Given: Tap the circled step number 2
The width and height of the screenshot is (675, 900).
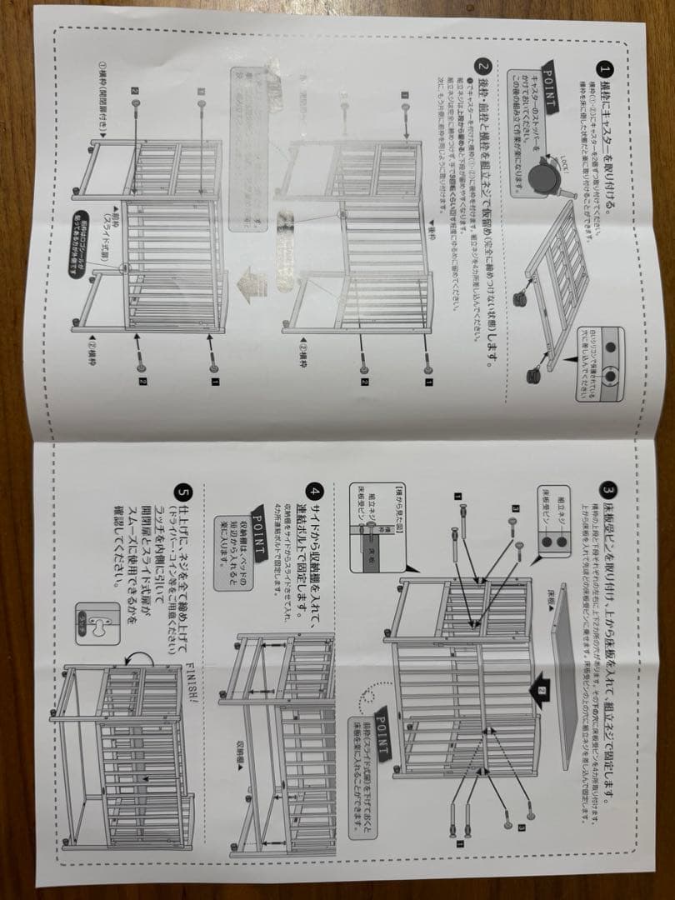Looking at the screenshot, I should point(482,67).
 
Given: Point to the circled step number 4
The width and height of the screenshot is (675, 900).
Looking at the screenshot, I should point(312,491).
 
